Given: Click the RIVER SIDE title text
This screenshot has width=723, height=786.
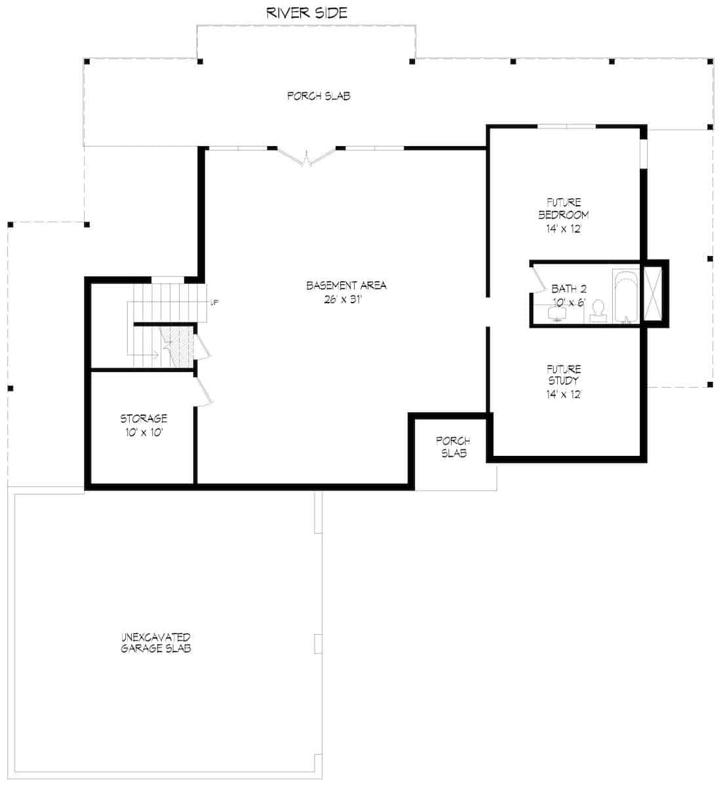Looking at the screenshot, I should pyautogui.click(x=306, y=12).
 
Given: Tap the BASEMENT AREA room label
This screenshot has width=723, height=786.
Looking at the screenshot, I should pyautogui.click(x=346, y=286).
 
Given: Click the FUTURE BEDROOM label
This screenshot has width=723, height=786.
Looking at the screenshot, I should pyautogui.click(x=563, y=209).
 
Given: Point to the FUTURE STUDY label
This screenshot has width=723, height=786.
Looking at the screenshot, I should pyautogui.click(x=563, y=375).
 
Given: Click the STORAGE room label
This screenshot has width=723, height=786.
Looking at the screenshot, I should pyautogui.click(x=143, y=418).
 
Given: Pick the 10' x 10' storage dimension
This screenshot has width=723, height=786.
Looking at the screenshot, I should pyautogui.click(x=143, y=432).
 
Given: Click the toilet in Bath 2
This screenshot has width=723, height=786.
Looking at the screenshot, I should pyautogui.click(x=598, y=311).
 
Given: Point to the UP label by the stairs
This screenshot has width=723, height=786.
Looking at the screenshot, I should pyautogui.click(x=214, y=302).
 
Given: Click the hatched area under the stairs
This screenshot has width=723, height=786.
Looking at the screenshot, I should pyautogui.click(x=176, y=345).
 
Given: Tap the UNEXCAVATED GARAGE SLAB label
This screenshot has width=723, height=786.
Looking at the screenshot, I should pyautogui.click(x=155, y=643).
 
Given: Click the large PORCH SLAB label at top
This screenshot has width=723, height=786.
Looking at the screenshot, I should pyautogui.click(x=319, y=96).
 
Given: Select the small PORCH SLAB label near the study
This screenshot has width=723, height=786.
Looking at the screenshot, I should pyautogui.click(x=453, y=447).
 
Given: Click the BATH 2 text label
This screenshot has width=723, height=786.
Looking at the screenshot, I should pyautogui.click(x=568, y=288).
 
